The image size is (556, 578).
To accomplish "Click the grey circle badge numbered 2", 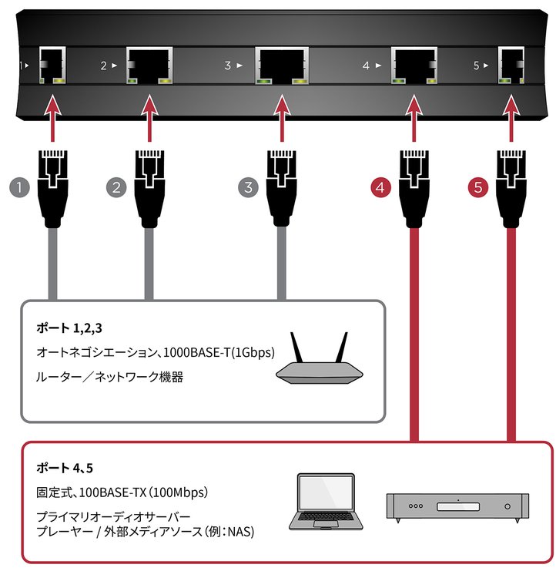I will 116,187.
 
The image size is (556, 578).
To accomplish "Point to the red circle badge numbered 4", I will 380,187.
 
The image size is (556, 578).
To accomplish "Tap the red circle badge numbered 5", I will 477,187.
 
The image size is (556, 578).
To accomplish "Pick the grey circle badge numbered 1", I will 18,187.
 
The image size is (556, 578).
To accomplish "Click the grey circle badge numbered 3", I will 248,187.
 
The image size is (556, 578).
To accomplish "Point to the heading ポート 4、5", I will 65,469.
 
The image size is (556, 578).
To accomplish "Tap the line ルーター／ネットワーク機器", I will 110,378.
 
